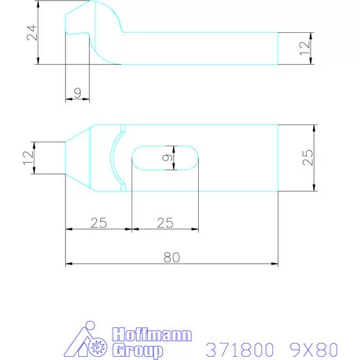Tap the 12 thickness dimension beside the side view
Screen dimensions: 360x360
click(x=305, y=49)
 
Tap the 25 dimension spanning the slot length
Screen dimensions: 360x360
click(x=164, y=223)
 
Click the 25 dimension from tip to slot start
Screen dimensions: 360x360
click(x=98, y=223)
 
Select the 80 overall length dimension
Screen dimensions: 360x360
click(x=172, y=255)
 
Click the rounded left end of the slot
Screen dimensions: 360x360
click(x=138, y=157)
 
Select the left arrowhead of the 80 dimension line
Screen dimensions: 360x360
click(x=69, y=263)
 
